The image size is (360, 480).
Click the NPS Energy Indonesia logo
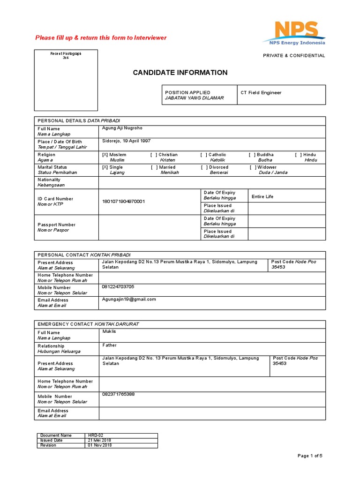294,33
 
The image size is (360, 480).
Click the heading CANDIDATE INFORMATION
180,73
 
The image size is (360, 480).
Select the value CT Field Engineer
261,93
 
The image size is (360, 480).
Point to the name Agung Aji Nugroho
122,128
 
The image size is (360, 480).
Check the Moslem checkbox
105,155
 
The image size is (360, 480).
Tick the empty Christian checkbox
154,155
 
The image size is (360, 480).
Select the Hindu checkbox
298,155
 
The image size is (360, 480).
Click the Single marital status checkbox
105,167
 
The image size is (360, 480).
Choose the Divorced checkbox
204,167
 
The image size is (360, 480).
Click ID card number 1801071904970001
124,202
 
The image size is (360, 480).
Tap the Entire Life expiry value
262,197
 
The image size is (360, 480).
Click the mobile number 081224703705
118,286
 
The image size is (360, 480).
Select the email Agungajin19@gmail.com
129,299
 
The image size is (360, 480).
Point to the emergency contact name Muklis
109,331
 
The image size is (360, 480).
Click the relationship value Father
110,345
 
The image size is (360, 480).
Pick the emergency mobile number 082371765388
118,394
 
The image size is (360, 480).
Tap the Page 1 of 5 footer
310,456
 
